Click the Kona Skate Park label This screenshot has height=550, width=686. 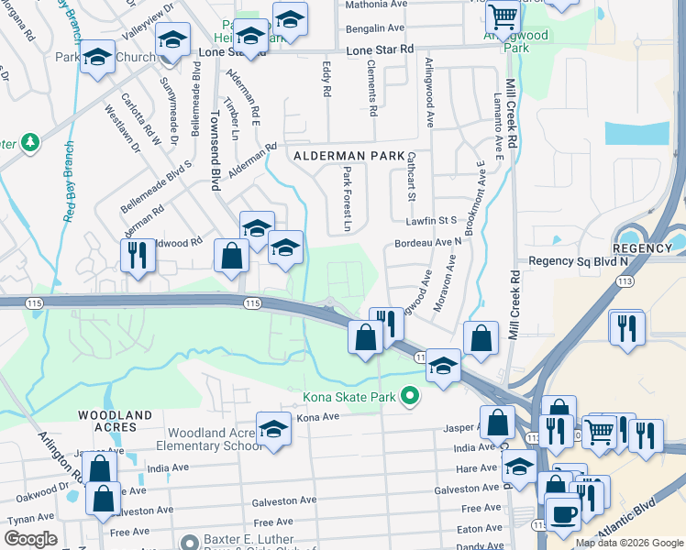pyautogui.click(x=349, y=397)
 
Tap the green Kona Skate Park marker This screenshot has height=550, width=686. pyautogui.click(x=411, y=397)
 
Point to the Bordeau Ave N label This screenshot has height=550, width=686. pyautogui.click(x=428, y=242)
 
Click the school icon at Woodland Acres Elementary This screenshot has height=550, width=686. pyautogui.click(x=273, y=428)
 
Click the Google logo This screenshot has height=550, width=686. pyautogui.click(x=30, y=539)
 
